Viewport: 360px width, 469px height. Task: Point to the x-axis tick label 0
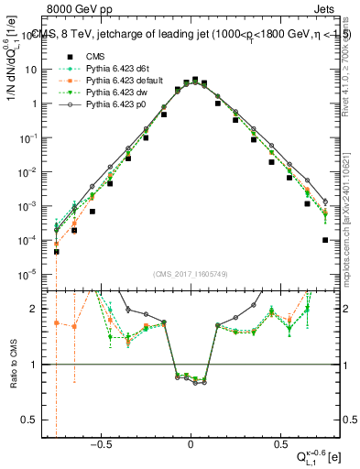pos(191,442)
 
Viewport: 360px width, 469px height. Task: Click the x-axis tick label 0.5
pos(279,442)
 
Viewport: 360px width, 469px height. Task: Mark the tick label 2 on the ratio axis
pos(37,309)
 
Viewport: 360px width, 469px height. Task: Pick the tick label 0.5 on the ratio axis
pos(32,420)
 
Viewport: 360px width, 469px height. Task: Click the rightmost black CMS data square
pos(325,240)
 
